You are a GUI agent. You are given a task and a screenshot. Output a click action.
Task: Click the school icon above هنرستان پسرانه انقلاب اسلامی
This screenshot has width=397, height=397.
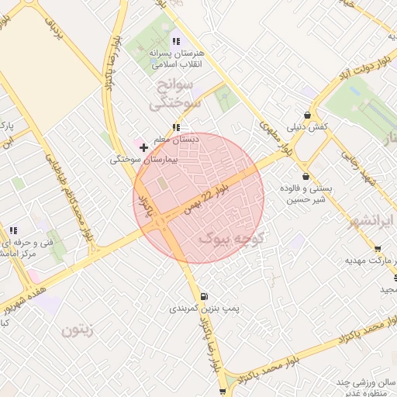(176, 41)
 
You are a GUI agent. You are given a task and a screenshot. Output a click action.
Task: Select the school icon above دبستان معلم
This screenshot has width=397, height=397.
(176, 126)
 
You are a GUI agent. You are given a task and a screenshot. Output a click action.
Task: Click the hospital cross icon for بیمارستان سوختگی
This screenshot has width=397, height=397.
(143, 147)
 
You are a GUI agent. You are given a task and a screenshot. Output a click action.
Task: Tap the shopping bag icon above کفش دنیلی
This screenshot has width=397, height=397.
(308, 115)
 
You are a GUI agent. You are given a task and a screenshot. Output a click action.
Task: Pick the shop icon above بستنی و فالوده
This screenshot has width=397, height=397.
(306, 176)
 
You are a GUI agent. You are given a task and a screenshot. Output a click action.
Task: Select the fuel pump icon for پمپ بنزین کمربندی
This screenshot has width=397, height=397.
(203, 296)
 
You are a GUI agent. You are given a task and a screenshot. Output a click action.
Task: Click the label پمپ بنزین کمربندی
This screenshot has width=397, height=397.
(203, 308)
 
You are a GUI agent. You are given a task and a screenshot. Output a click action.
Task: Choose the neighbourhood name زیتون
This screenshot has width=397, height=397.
(78, 330)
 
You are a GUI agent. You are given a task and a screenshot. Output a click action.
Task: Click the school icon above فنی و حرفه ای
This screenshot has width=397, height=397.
(13, 230)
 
